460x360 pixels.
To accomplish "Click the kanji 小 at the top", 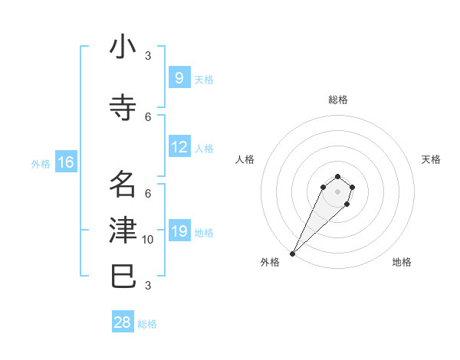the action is click(x=123, y=47).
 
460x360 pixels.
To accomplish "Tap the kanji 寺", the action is click(x=123, y=108).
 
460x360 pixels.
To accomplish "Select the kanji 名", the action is click(x=123, y=185).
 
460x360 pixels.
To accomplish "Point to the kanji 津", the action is click(x=123, y=231).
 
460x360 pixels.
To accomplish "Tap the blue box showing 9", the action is click(x=179, y=77).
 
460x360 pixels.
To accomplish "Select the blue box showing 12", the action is click(x=179, y=147).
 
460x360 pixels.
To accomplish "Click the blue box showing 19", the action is click(x=179, y=231).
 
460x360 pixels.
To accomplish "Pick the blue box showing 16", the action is click(x=66, y=162).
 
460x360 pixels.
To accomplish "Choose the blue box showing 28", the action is click(x=123, y=322).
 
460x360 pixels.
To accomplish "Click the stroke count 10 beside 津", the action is click(x=148, y=240).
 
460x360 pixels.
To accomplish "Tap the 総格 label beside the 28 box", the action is click(x=147, y=324).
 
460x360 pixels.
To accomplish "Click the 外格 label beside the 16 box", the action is click(x=41, y=163).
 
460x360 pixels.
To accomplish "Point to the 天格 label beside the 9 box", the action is click(x=204, y=79).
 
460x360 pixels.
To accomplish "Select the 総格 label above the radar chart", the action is click(x=338, y=100).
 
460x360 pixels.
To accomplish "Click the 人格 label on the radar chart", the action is click(x=245, y=159).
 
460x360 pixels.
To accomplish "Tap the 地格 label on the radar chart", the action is click(x=402, y=262).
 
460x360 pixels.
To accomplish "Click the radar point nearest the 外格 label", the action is click(x=292, y=253).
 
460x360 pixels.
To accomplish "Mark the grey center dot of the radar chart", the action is click(x=337, y=191).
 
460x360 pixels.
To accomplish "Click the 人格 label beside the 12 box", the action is click(x=204, y=149).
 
